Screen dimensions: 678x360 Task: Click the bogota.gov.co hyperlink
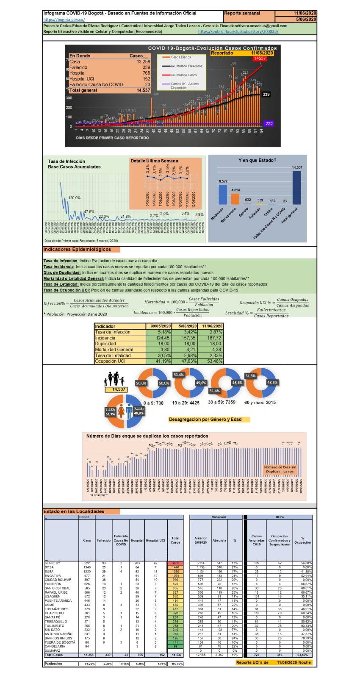(x=64, y=19)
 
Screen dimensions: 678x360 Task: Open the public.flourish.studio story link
(x=238, y=31)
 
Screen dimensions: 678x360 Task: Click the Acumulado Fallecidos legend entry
(x=186, y=66)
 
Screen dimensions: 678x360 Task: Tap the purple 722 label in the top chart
(x=269, y=123)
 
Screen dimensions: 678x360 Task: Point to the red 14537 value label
(x=259, y=58)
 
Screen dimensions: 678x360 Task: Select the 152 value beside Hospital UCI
(x=146, y=79)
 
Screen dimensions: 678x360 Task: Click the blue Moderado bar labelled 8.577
(x=223, y=195)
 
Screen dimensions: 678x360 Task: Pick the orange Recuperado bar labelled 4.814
(x=235, y=199)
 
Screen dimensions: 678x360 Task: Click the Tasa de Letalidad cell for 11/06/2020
(x=213, y=356)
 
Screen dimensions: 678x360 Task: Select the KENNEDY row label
(x=53, y=563)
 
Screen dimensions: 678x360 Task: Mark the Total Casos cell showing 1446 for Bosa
(x=175, y=567)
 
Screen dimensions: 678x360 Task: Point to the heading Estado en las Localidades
(x=74, y=511)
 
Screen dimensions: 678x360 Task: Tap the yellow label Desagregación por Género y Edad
(x=205, y=420)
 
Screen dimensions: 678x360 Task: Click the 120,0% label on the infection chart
(x=74, y=198)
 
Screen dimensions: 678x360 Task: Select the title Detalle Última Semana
(x=154, y=161)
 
